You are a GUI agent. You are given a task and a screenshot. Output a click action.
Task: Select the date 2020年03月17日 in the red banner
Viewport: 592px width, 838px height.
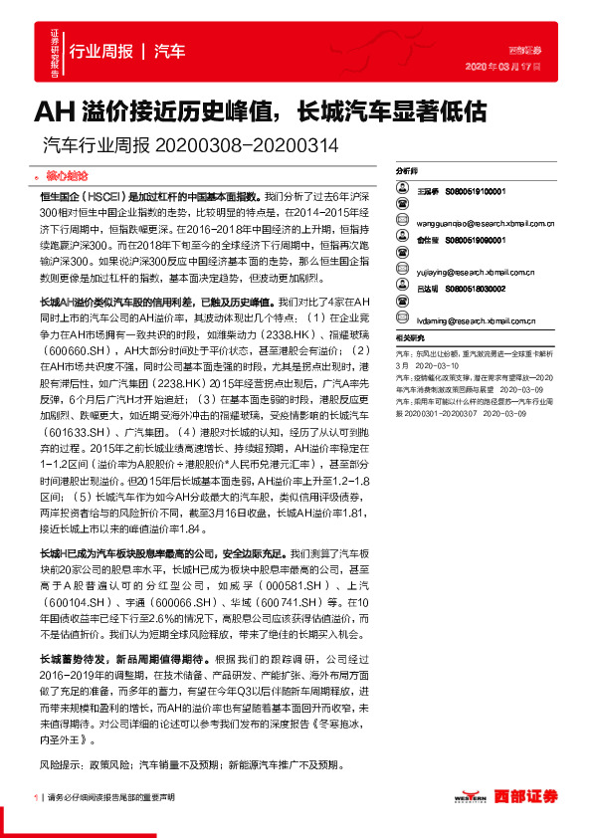(503, 66)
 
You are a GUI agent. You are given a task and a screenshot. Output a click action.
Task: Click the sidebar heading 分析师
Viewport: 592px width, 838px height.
(408, 171)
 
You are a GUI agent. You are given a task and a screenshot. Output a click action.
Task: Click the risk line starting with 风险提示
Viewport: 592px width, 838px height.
(189, 765)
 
